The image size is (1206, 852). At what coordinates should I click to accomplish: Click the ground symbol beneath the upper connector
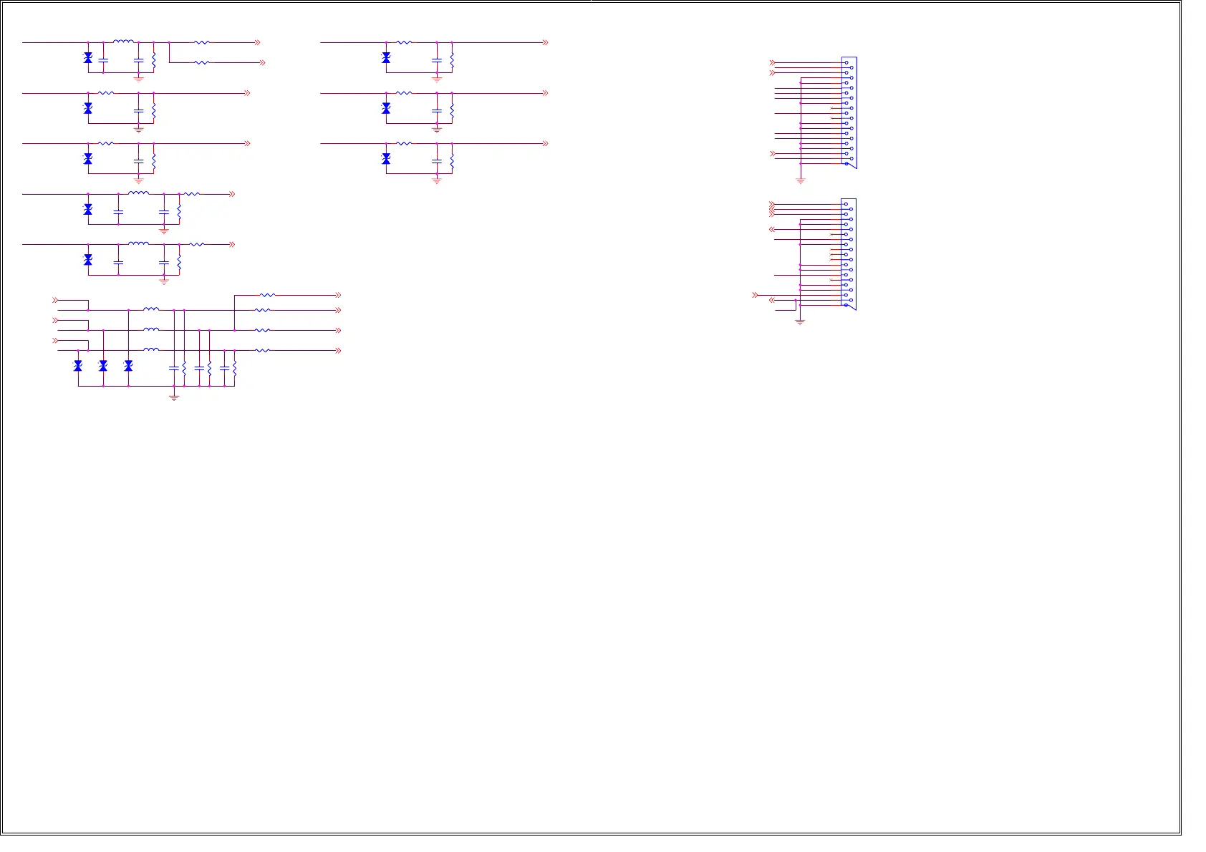801,180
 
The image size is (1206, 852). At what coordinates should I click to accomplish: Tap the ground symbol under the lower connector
800,321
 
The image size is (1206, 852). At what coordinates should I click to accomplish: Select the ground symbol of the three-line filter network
173,397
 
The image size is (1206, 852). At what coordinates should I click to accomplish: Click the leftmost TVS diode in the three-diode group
78,366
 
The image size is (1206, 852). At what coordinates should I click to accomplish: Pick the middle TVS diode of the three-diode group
103,366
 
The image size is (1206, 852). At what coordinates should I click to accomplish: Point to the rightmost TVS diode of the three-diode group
128,366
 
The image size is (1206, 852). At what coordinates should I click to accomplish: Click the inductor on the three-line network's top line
151,309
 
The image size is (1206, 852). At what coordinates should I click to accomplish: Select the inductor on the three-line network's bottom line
151,349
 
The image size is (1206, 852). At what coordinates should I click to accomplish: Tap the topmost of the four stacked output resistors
266,294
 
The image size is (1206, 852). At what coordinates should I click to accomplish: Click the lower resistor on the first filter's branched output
202,62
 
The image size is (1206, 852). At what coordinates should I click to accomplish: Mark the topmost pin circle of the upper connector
846,62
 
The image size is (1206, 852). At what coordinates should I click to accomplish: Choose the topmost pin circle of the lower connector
846,204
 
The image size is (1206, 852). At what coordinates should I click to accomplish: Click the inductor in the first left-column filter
123,42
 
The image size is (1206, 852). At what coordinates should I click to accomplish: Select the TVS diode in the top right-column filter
386,57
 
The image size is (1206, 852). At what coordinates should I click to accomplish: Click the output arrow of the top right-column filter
545,42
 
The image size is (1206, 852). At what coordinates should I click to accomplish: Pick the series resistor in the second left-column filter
106,93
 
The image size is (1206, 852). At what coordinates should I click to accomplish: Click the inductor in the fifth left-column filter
138,243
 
